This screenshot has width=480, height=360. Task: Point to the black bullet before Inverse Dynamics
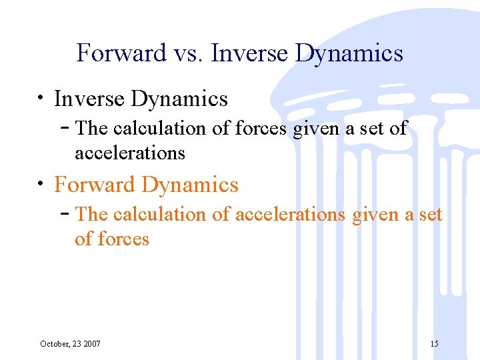42,99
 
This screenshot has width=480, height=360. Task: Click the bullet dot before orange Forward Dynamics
42,184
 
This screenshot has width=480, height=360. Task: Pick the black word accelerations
130,153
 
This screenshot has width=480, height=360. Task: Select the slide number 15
434,344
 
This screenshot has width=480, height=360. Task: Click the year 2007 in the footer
91,344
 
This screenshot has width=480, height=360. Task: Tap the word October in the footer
55,344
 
